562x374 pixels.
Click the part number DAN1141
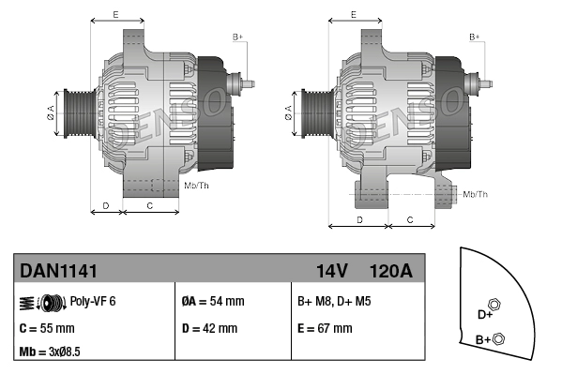[58, 271]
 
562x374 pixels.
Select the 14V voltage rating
[332, 271]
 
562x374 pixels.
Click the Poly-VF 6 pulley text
[93, 302]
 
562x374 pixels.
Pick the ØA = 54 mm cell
[212, 302]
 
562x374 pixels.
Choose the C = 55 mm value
[47, 328]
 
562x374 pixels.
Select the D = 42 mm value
[211, 328]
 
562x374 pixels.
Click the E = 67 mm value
[325, 328]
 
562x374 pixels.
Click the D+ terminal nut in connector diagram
[496, 304]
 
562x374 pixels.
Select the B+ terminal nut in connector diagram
[498, 337]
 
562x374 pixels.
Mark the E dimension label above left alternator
[114, 14]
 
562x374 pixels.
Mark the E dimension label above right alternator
[353, 14]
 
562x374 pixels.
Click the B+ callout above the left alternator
[237, 37]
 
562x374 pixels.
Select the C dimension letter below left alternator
[150, 204]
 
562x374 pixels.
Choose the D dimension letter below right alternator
[360, 219]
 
